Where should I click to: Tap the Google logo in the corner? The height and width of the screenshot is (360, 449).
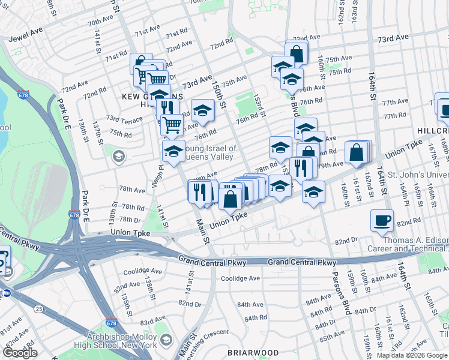pyautogui.click(x=20, y=353)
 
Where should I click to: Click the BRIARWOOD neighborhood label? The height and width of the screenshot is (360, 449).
pyautogui.click(x=253, y=352)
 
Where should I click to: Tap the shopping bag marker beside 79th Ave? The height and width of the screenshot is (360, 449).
pyautogui.click(x=357, y=153)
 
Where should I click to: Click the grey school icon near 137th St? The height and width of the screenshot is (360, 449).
pyautogui.click(x=118, y=157)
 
